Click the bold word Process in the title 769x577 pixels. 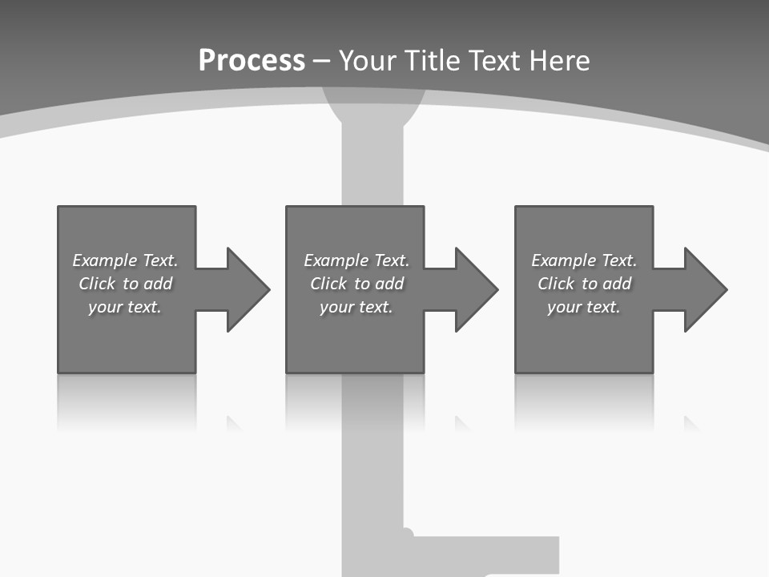[x=252, y=61]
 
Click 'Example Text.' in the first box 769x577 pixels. [x=125, y=260]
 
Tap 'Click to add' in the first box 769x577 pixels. [x=125, y=284]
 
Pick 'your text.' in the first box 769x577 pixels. [x=125, y=307]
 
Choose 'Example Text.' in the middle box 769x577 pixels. [x=356, y=260]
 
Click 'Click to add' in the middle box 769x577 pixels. [x=356, y=284]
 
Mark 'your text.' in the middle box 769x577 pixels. [x=356, y=307]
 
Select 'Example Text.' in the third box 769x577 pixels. [x=584, y=260]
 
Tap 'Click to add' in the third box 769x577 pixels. [x=584, y=284]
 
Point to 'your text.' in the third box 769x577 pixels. [x=584, y=307]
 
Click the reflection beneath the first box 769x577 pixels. [x=127, y=401]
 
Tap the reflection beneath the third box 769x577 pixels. [x=584, y=401]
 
